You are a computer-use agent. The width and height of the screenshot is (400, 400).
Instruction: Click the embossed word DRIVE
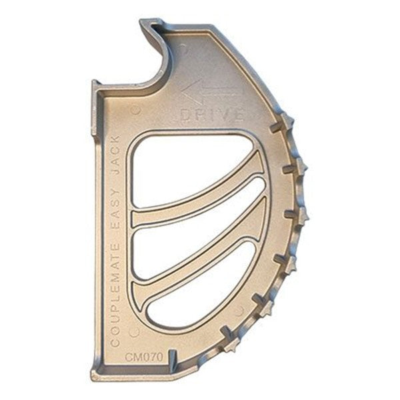(211, 115)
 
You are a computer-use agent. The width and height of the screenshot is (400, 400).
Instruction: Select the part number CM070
(144, 357)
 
